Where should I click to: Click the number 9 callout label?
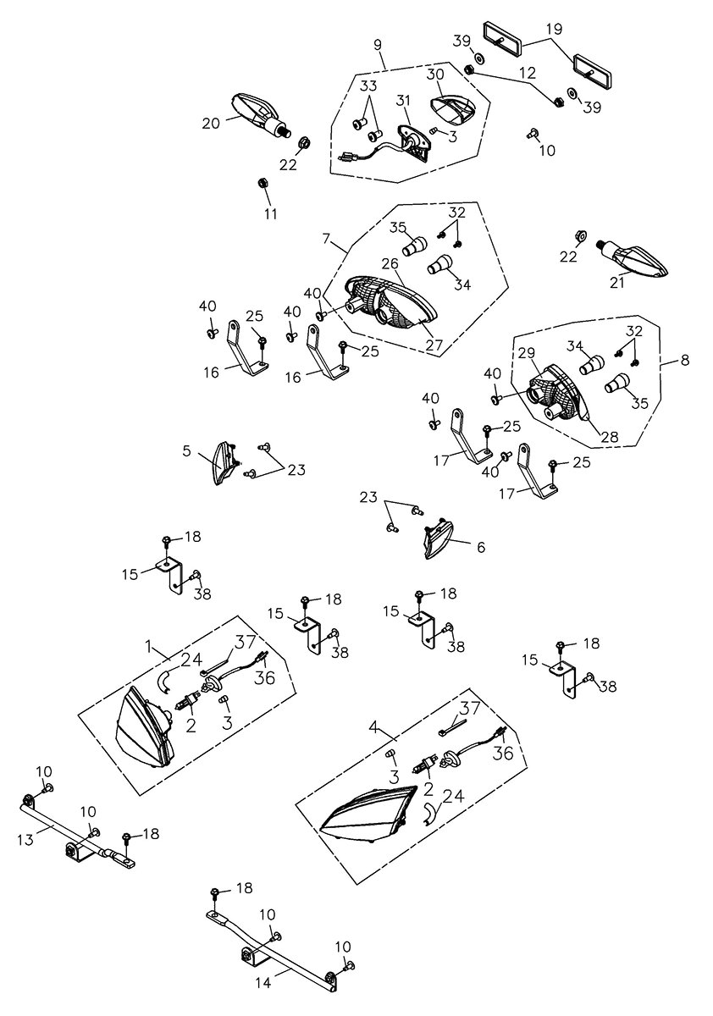click(377, 42)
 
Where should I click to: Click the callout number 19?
click(554, 28)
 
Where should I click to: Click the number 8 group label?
click(684, 359)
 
